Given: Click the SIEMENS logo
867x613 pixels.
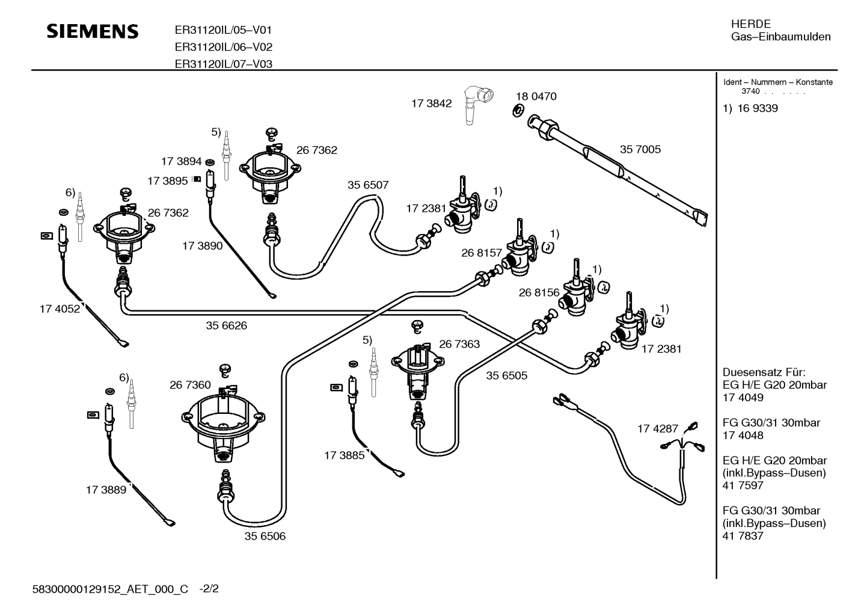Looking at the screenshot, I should pos(93,31).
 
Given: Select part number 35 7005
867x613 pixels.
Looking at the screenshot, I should pos(640,149).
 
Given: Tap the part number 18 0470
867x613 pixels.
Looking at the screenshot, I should pos(536,96).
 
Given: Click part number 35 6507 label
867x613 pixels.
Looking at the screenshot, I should pos(368,185).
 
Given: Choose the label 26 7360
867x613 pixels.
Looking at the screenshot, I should pos(190,385).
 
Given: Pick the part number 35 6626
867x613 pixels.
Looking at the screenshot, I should pos(226,326).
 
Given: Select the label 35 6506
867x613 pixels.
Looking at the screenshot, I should pos(265,536).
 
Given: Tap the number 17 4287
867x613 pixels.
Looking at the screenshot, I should pos(657,429).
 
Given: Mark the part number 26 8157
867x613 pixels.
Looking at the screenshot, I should pos(481,253).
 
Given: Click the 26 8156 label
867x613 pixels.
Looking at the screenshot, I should pos(539,292).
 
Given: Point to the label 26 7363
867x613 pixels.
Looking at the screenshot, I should pos(459,344).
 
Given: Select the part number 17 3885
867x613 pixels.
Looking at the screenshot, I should pos(344,456).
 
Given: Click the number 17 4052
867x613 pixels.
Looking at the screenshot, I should pos(60,309).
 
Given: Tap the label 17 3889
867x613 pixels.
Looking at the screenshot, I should pos(106,490).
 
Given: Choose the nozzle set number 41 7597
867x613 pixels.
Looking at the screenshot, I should pos(743,485).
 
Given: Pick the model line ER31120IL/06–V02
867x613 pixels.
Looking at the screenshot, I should pos(223,47).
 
